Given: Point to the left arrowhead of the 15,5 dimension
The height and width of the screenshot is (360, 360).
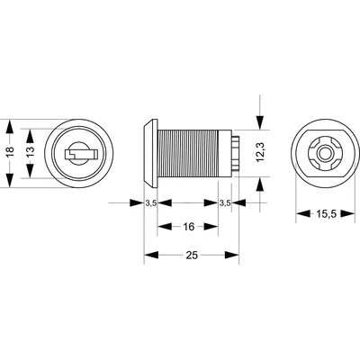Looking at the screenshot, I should [297, 215].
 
